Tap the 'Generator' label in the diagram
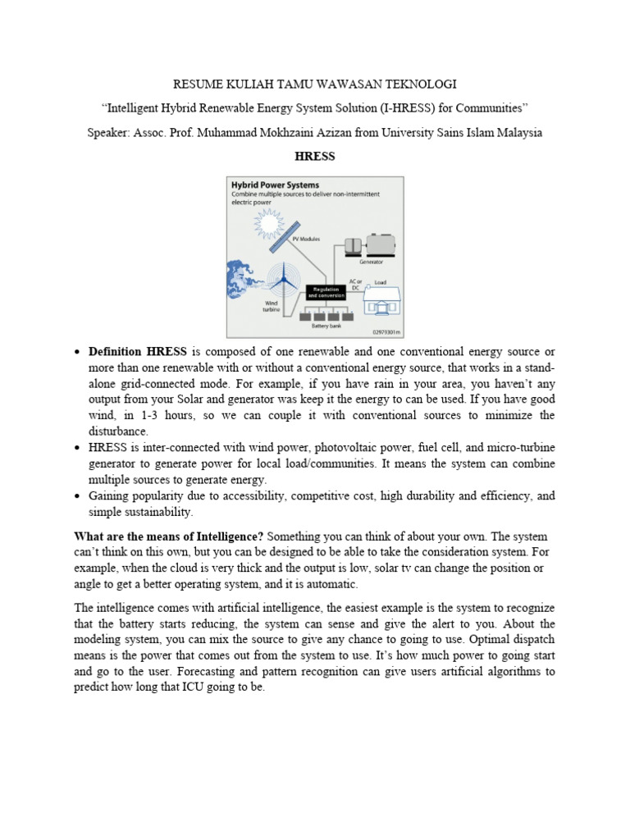[371, 262]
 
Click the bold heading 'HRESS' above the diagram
[315, 156]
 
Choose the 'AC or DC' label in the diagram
[354, 284]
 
